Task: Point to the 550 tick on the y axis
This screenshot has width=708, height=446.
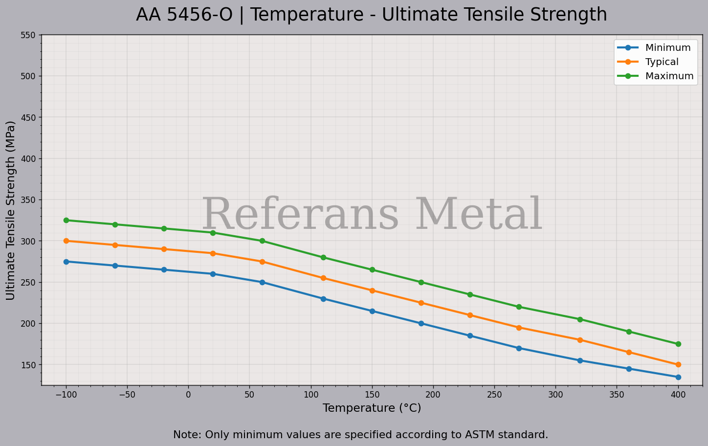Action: (28, 35)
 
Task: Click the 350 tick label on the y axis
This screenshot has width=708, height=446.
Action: (28, 200)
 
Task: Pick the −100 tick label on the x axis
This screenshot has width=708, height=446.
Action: (66, 395)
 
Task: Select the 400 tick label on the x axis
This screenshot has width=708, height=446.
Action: (678, 395)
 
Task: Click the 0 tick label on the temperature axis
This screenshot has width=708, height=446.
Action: (188, 395)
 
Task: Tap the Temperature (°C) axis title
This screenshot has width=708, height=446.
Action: (372, 408)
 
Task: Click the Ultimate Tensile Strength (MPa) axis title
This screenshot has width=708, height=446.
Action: (11, 210)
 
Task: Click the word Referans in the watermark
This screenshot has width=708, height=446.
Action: (301, 215)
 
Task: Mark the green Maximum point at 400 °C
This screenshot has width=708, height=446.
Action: (678, 344)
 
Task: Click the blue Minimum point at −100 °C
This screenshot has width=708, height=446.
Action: (66, 262)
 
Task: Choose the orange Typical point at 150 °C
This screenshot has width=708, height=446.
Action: (372, 290)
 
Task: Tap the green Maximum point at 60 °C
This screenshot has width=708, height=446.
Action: (262, 241)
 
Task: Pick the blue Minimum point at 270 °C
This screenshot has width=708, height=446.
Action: (519, 348)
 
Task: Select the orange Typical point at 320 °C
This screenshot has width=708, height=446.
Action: (580, 340)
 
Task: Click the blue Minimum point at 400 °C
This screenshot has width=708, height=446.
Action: (678, 377)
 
